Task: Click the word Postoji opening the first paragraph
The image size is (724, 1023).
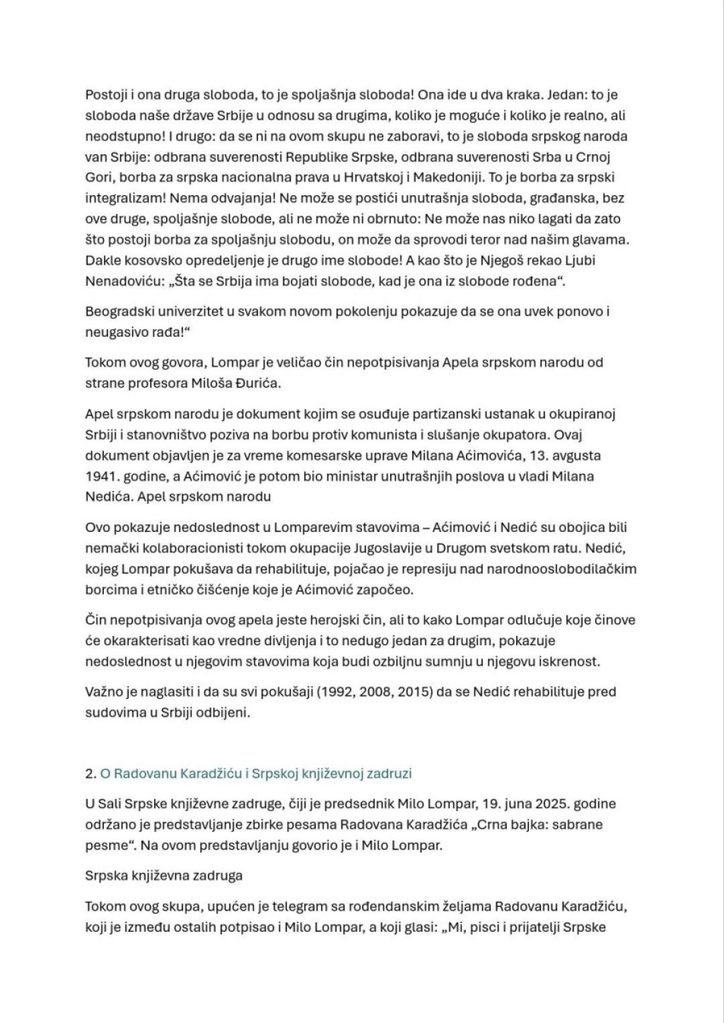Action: pyautogui.click(x=105, y=95)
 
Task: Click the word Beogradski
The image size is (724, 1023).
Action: pyautogui.click(x=119, y=311)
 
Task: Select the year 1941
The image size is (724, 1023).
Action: pyautogui.click(x=99, y=476)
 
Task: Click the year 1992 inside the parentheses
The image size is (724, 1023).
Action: pyautogui.click(x=321, y=692)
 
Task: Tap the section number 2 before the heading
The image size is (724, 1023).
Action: pyautogui.click(x=89, y=774)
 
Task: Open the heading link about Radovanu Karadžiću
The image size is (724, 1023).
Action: pyautogui.click(x=255, y=774)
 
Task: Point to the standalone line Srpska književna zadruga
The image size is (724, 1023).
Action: pyautogui.click(x=163, y=876)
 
